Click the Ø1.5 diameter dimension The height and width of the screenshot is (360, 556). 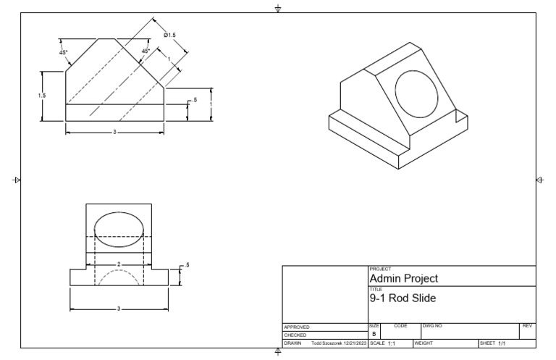tap(170, 35)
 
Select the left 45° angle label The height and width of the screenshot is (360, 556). tap(64, 52)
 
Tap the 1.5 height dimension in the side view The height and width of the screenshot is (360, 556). tap(42, 96)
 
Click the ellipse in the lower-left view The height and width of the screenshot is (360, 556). tap(119, 225)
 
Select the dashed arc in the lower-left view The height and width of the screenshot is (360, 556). tap(119, 278)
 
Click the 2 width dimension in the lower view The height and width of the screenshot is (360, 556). tap(119, 264)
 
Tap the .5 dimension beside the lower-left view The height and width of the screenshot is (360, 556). tap(186, 266)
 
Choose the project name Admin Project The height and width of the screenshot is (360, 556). tap(403, 278)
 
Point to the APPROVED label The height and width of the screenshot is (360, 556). tap(297, 327)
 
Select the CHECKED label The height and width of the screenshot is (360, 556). tap(295, 335)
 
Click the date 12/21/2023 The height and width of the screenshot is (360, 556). tap(354, 343)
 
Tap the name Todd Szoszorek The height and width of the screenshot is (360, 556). tap(326, 343)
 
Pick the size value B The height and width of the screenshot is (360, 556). tap(374, 335)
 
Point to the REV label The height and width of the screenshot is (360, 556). tap(527, 327)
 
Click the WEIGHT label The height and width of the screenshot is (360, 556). tap(423, 343)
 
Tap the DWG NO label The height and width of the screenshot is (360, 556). tap(432, 327)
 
